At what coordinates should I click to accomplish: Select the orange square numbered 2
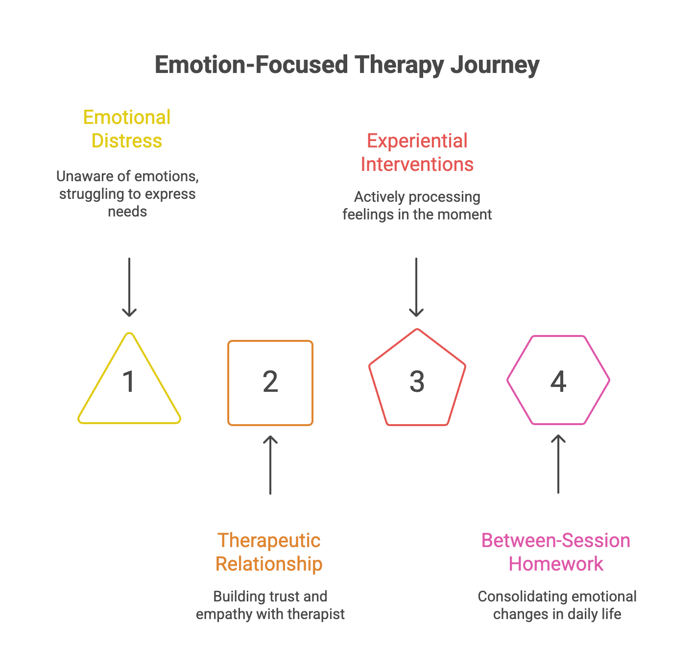[270, 383]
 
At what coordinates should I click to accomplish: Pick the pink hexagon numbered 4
[558, 380]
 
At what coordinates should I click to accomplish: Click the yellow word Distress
[127, 141]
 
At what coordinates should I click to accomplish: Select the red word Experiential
[417, 141]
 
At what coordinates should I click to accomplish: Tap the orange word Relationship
[269, 564]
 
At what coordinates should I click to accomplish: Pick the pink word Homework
[556, 564]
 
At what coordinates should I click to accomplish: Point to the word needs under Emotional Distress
[127, 212]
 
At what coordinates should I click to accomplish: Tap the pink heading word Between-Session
[556, 541]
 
